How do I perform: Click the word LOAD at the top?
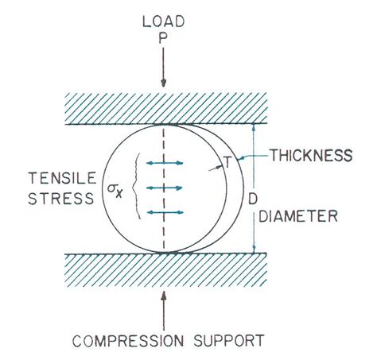point(163,21)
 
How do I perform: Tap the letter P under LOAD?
point(163,39)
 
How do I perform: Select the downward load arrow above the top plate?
point(163,68)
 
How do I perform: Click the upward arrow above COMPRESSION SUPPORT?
point(164,311)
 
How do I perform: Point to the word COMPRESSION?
point(128,341)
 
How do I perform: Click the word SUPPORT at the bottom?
point(229,341)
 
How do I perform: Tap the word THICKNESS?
point(311,155)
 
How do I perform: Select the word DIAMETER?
point(298,216)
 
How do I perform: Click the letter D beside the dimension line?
point(253,199)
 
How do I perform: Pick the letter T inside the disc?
point(227,162)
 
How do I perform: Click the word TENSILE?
point(62,178)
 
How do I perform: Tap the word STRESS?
point(61,198)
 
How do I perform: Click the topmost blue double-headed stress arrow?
point(165,163)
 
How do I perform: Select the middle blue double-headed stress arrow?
point(165,188)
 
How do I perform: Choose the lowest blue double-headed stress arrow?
point(165,212)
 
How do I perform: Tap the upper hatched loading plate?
point(166,109)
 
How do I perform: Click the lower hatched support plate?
point(166,269)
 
